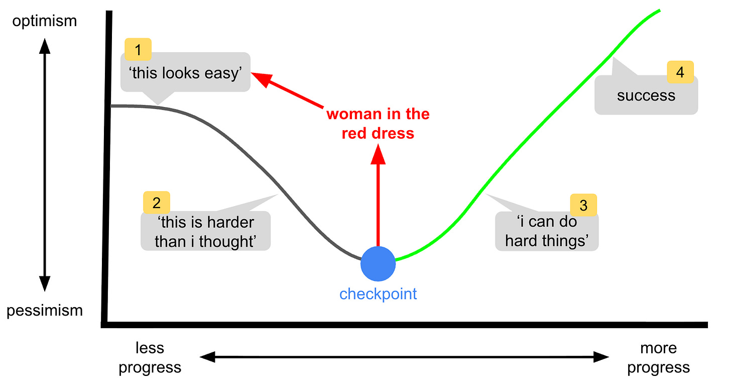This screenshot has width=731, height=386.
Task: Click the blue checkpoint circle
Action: [378, 264]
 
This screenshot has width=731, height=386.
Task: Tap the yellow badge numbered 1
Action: [138, 50]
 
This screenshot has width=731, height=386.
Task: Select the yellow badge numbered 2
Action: [156, 203]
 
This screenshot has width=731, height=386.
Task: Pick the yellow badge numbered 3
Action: [583, 205]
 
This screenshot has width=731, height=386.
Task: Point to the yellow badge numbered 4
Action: [680, 72]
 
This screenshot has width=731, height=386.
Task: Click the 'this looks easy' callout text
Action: [186, 73]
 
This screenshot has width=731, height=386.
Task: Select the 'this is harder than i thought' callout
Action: [206, 232]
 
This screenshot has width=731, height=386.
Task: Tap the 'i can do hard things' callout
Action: [547, 231]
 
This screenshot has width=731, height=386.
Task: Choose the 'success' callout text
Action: [646, 95]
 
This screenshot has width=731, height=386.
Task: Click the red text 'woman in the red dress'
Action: [378, 123]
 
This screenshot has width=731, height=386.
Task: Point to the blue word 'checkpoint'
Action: [378, 294]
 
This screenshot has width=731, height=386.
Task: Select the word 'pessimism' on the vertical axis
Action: [44, 311]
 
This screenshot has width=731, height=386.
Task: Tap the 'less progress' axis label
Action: [150, 357]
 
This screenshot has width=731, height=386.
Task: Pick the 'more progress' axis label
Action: [658, 357]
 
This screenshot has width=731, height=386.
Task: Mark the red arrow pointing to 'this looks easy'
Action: [289, 91]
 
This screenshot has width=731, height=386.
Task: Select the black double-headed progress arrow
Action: [404, 357]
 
